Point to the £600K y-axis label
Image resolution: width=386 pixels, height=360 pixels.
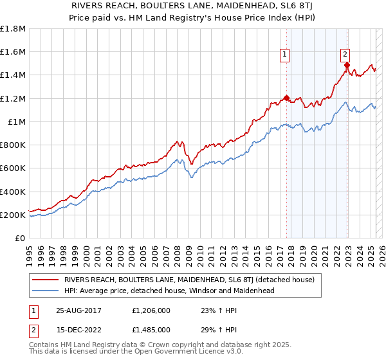(x=13, y=168)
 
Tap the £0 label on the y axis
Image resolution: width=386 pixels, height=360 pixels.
(x=21, y=239)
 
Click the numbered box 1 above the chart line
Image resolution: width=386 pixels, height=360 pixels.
(x=284, y=55)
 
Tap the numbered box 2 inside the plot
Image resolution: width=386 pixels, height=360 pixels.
(x=345, y=55)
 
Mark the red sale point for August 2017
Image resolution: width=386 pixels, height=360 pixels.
(x=286, y=98)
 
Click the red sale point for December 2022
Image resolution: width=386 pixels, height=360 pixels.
(x=347, y=65)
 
